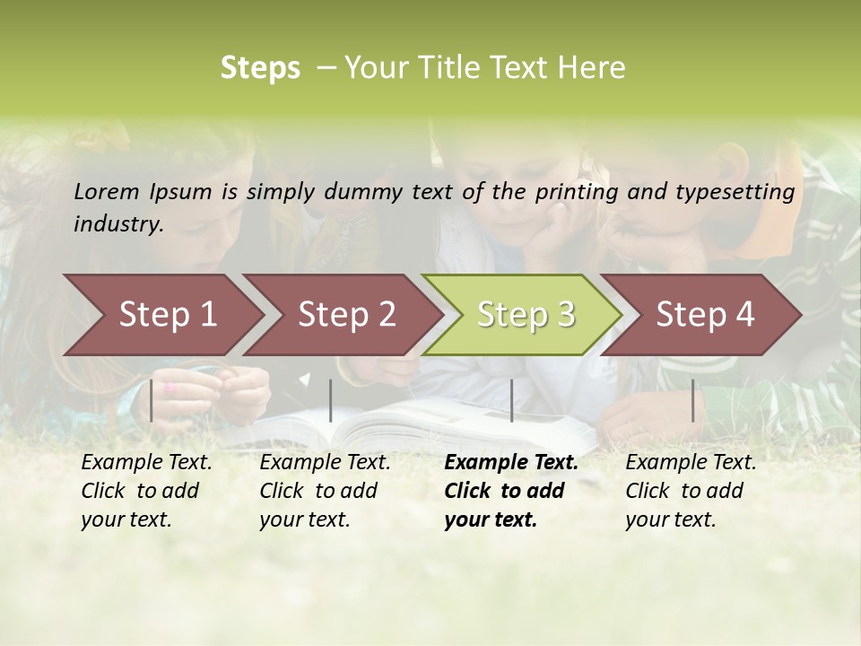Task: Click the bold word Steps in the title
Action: (x=260, y=68)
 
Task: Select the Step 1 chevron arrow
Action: (x=167, y=315)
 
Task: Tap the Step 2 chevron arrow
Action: (x=346, y=315)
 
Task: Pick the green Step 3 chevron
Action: (x=526, y=315)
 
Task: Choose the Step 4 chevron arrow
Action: (x=705, y=315)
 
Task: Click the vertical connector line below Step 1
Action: (x=152, y=400)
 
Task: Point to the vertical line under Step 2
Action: (x=331, y=400)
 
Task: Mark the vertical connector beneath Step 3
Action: (x=511, y=400)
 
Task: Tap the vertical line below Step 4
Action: (x=692, y=400)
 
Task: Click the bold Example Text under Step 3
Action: (x=511, y=463)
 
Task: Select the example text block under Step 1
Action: (x=146, y=491)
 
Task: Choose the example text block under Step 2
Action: (x=325, y=491)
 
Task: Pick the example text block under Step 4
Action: (x=691, y=491)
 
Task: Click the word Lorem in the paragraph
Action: (x=107, y=192)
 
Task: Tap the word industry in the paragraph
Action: (x=118, y=223)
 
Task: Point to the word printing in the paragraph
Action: (x=569, y=192)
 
